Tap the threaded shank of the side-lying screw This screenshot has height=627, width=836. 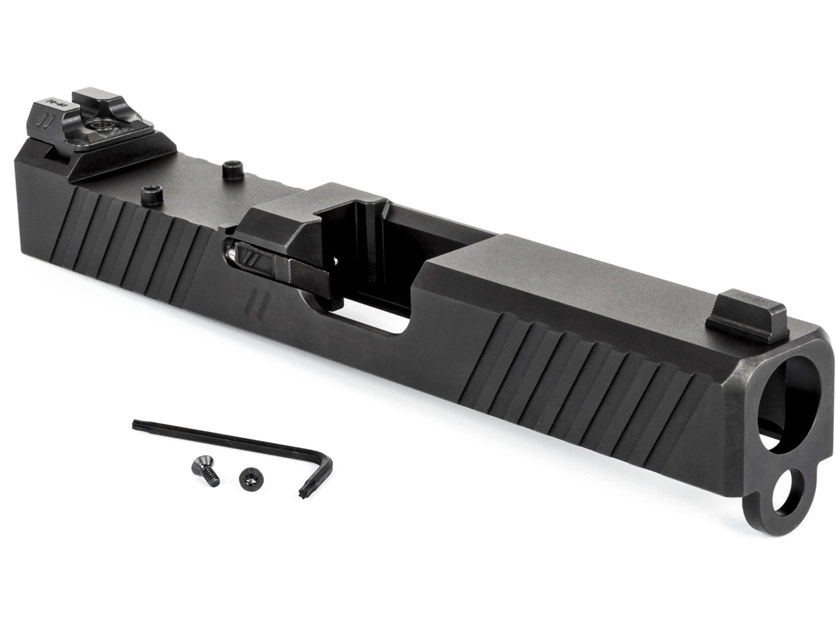tap(211, 481)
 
